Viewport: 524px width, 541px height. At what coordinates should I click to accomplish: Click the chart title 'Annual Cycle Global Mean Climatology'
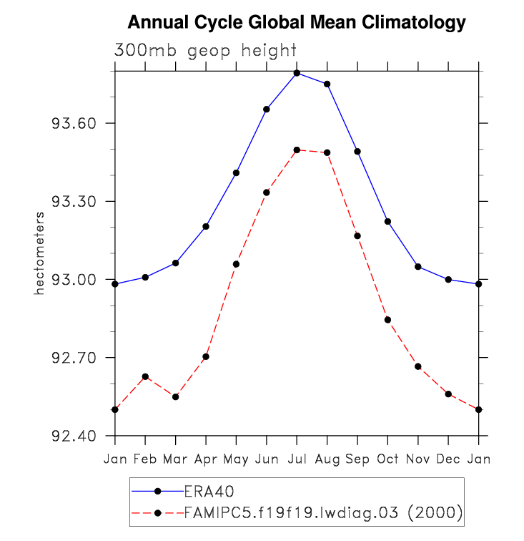tap(296, 24)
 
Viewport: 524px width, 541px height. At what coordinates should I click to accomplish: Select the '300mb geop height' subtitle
tap(205, 51)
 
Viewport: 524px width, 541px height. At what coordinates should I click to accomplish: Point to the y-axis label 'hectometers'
tap(41, 253)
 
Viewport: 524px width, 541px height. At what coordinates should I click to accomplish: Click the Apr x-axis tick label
tap(206, 458)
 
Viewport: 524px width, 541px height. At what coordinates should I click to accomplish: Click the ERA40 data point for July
tap(297, 73)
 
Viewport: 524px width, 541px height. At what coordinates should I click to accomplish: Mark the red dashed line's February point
tap(145, 376)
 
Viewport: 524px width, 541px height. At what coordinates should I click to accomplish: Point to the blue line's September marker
tap(357, 152)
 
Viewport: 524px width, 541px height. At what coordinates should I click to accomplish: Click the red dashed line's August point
tap(327, 152)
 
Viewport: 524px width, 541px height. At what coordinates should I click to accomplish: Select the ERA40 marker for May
tap(236, 172)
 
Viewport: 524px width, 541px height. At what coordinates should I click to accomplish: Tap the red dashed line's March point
tap(175, 396)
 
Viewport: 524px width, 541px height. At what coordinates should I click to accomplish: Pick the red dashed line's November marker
tap(418, 366)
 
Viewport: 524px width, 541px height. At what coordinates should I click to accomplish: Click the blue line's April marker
tap(206, 226)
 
